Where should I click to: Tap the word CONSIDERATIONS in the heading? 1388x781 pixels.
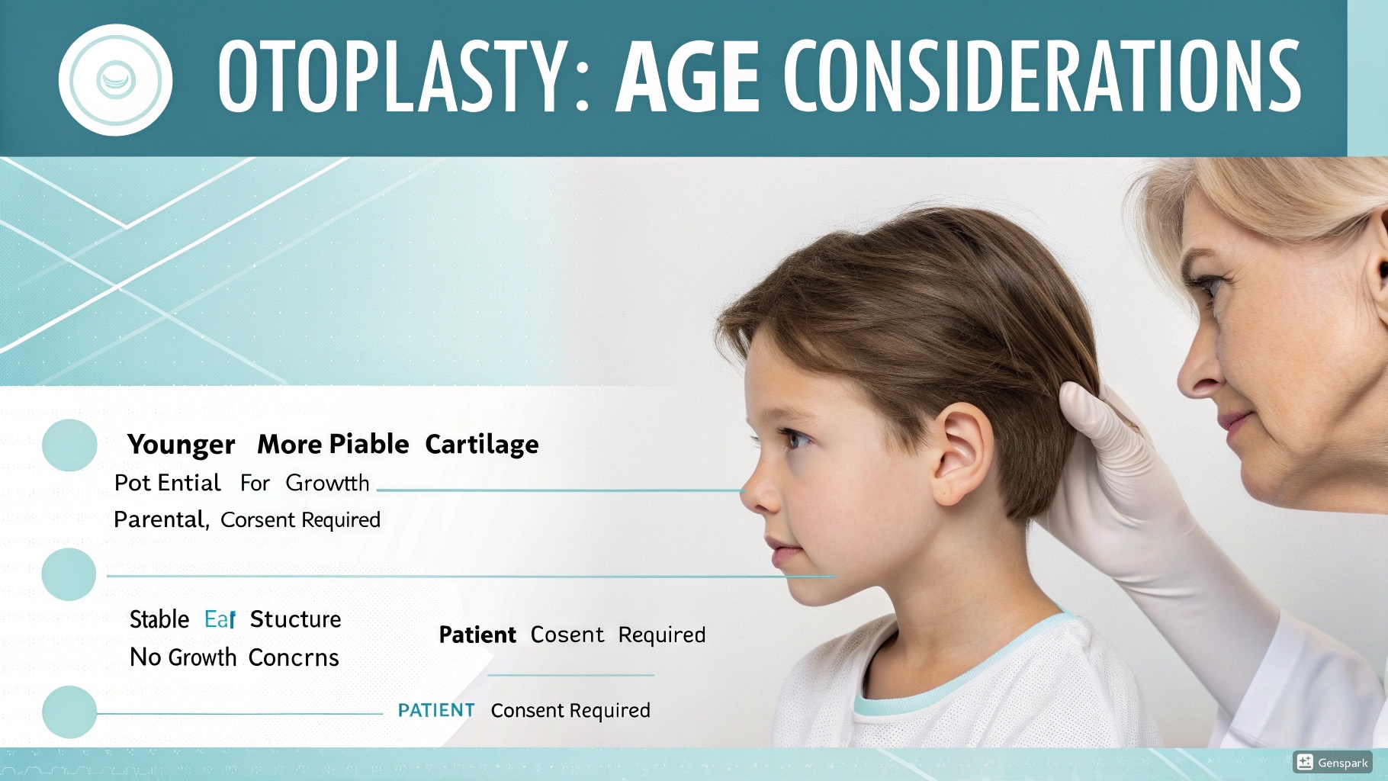pos(1042,76)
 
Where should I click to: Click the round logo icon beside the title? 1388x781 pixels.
pos(115,79)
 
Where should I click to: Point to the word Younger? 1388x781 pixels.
pos(181,445)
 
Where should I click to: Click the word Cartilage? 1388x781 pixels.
pos(481,445)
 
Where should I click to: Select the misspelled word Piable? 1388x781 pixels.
pos(371,444)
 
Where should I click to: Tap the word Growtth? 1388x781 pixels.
pos(327,484)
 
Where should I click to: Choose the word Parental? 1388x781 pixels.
pos(160,520)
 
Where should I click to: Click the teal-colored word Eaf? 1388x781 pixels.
pos(220,619)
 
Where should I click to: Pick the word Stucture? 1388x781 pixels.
pos(295,619)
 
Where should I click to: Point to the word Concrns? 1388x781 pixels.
pos(294,657)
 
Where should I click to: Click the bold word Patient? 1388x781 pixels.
pos(477,635)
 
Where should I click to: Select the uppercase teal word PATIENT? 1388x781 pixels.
pos(436,710)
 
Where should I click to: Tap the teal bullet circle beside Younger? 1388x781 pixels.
pos(69,445)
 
